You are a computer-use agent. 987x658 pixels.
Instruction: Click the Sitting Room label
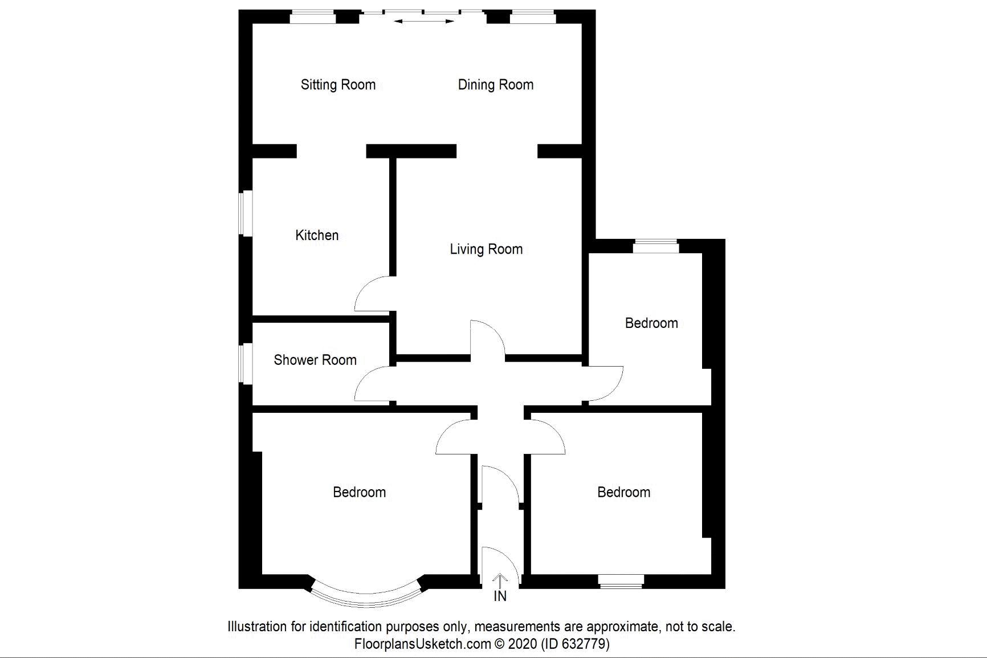point(338,85)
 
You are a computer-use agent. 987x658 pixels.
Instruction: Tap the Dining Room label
point(496,85)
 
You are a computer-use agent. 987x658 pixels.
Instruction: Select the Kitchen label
point(317,235)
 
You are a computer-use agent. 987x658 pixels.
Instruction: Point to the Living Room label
point(486,249)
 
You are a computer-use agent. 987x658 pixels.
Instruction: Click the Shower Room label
point(315,360)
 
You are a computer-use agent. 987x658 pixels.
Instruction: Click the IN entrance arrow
point(500,581)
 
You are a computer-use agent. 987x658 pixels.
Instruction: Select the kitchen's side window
point(246,213)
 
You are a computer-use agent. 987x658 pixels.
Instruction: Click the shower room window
point(246,363)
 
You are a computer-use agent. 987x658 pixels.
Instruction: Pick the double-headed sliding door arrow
point(424,22)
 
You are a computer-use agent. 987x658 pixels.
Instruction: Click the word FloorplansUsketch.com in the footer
point(422,644)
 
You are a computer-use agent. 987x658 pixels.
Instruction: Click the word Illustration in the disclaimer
point(257,627)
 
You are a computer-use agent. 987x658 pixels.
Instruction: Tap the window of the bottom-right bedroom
point(621,581)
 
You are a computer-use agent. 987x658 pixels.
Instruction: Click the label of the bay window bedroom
point(360,492)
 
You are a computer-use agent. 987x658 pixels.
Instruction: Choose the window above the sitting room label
point(313,17)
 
